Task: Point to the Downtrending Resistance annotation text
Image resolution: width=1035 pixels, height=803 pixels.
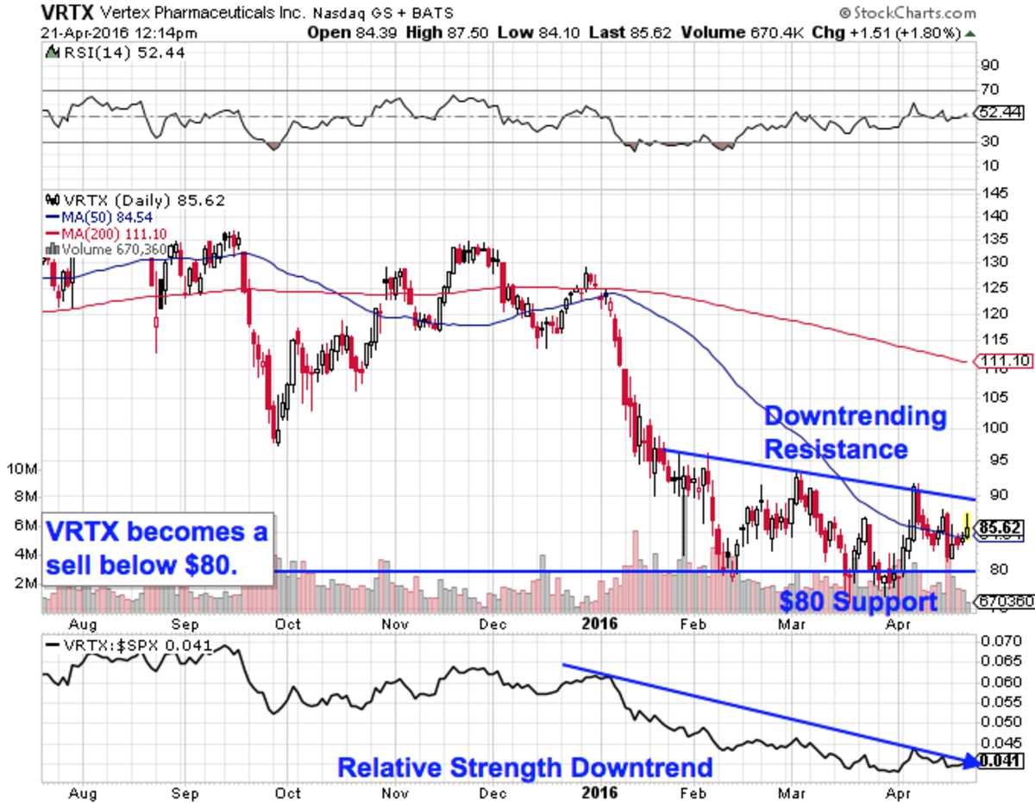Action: (855, 432)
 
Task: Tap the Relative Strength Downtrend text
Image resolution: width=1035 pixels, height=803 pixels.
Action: (524, 767)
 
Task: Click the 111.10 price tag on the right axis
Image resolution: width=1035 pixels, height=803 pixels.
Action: (1001, 361)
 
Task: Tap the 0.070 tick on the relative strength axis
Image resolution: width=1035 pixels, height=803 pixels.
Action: (1001, 642)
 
